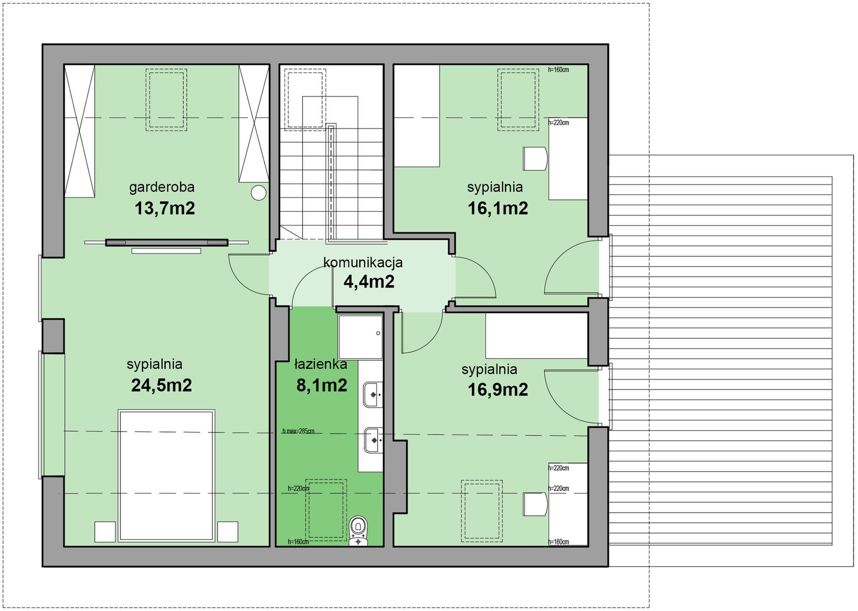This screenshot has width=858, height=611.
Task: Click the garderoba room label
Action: [x=162, y=187]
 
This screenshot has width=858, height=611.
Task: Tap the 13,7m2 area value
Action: [x=165, y=208]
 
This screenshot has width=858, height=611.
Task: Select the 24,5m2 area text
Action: [x=161, y=385]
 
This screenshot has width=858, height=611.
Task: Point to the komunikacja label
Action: [x=363, y=262]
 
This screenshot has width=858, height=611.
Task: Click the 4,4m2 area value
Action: [x=369, y=282]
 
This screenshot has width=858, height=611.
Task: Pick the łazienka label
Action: [x=320, y=364]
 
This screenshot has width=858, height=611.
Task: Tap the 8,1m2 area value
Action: [x=322, y=385]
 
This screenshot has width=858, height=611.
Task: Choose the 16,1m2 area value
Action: [x=498, y=208]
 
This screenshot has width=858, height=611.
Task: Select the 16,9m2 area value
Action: [x=498, y=389]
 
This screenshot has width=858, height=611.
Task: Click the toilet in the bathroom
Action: [x=358, y=531]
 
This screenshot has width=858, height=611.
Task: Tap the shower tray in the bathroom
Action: [x=361, y=337]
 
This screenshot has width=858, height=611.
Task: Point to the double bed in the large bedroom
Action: [x=166, y=476]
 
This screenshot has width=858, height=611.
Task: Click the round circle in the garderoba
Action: [x=259, y=193]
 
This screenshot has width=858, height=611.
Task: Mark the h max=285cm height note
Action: [x=299, y=431]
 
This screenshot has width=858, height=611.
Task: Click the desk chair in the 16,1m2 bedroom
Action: [x=535, y=159]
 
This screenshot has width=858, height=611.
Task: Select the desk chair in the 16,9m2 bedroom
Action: [x=535, y=504]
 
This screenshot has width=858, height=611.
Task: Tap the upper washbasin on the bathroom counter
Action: [x=373, y=395]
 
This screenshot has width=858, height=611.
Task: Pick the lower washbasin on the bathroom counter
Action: [x=373, y=440]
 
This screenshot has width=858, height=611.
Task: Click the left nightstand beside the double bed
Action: [x=105, y=532]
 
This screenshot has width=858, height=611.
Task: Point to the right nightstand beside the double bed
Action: [x=227, y=532]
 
